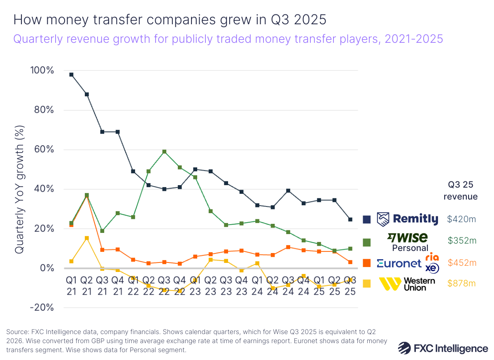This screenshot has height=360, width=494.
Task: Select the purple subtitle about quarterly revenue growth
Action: coord(228,39)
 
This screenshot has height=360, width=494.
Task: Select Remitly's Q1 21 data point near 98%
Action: coord(71,74)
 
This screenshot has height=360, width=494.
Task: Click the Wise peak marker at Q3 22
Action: coord(164,152)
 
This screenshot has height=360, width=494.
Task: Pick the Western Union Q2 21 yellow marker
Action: coord(86,238)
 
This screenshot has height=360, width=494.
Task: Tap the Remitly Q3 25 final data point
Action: coord(350,219)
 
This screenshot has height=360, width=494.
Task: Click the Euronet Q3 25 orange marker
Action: coord(350,262)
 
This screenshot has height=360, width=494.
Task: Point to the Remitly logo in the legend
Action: coord(408,219)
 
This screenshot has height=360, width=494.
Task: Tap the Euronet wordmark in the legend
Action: coord(399,263)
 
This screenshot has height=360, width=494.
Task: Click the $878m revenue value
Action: coord(461,283)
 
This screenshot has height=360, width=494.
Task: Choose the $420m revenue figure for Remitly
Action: coord(461,219)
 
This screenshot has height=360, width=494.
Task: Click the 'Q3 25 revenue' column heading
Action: coord(461,190)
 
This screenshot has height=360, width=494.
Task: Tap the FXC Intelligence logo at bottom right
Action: coord(443,348)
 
